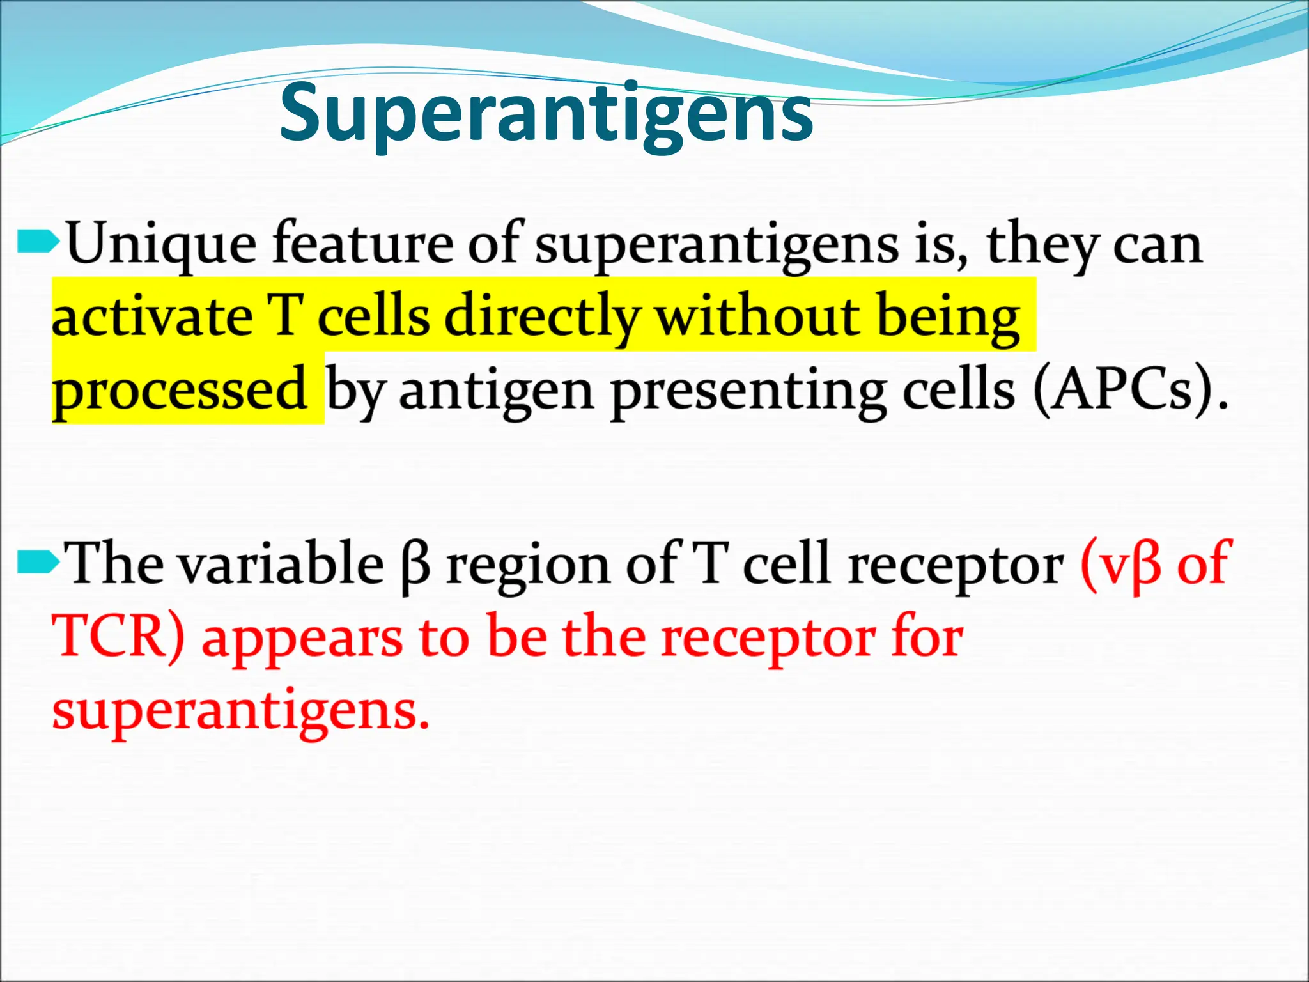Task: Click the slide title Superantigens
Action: [x=546, y=115]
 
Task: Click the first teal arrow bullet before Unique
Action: [x=37, y=242]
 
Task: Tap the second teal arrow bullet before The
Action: [x=37, y=563]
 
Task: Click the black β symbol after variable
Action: [x=416, y=566]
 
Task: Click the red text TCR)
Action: [x=119, y=636]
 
